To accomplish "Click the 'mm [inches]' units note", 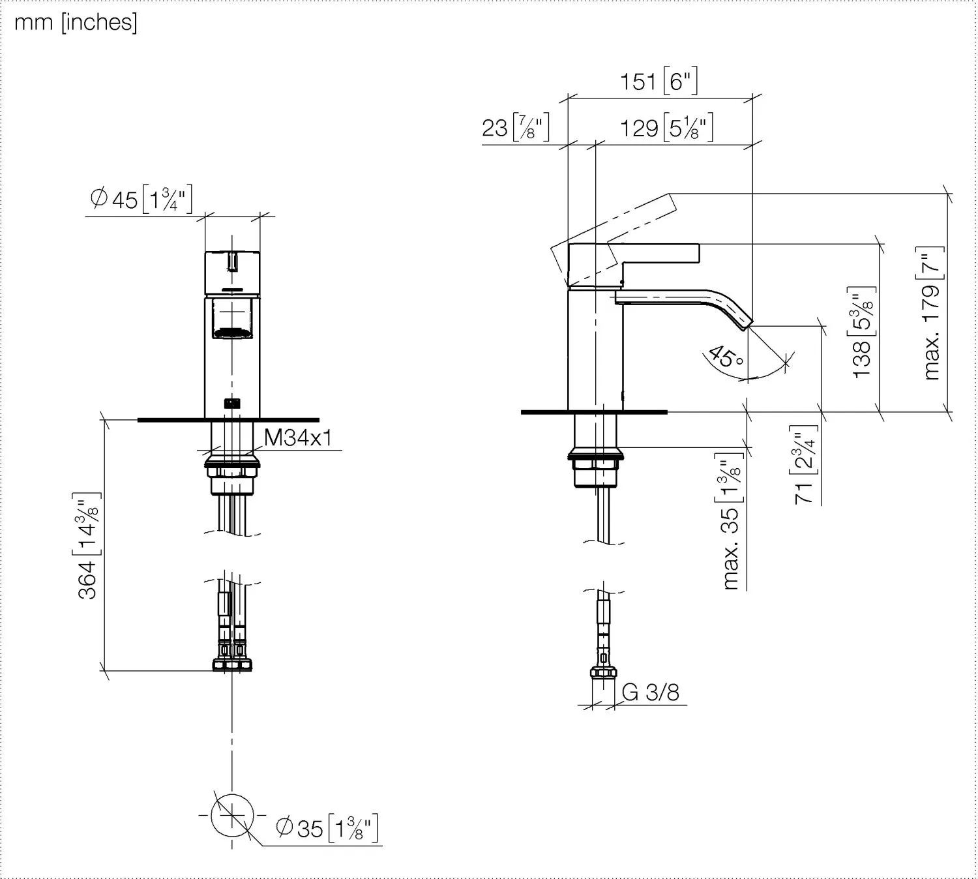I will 76,23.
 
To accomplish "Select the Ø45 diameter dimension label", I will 141,199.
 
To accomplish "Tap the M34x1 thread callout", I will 297,438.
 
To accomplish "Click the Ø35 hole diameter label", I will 327,828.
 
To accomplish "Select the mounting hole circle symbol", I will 232,815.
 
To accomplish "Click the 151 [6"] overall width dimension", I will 658,82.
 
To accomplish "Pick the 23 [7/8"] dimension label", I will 515,127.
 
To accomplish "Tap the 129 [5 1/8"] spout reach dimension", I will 666,127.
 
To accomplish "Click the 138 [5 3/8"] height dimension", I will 862,332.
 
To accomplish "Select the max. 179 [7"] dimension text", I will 932,314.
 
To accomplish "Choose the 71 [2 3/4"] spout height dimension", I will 805,464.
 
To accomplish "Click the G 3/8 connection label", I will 650,692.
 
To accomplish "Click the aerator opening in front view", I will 233,333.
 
